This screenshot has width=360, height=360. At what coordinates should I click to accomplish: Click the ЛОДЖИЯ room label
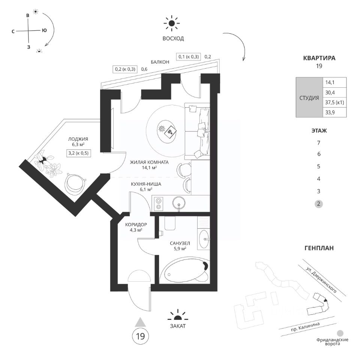tap(78, 139)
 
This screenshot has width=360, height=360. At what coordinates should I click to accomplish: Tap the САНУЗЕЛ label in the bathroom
tap(176, 243)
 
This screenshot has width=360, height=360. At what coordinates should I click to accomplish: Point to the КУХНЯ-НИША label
tap(146, 184)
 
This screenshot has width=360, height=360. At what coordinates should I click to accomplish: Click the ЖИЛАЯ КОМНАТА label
tap(149, 162)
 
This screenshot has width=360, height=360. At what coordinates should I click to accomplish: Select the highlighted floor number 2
tap(319, 204)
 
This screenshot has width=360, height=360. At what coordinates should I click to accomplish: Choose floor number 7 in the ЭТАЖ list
tap(319, 143)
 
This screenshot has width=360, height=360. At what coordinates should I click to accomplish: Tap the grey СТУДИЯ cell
tap(309, 97)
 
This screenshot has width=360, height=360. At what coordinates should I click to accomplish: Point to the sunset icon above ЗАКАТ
tap(176, 315)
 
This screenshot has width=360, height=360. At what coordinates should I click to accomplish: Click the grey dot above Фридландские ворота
tap(340, 333)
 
